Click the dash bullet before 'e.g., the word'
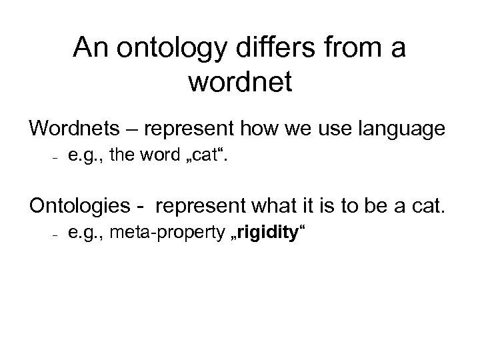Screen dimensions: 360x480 [57, 158]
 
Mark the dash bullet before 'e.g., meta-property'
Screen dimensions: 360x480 [57, 235]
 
